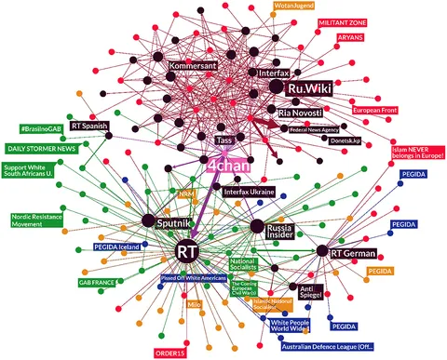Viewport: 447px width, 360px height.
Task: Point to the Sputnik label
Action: [173, 223]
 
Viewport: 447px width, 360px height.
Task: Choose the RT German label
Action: [351, 251]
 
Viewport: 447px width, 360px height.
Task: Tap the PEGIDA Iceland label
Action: [117, 247]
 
